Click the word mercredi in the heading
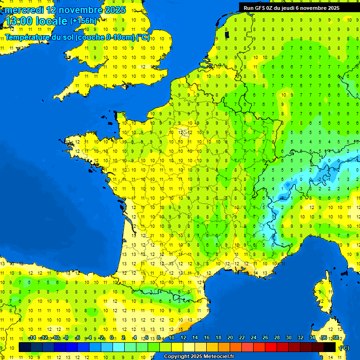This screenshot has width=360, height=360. (24, 10)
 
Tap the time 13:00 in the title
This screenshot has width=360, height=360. (19, 21)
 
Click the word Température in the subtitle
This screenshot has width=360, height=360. (28, 37)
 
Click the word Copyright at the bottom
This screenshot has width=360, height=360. (177, 357)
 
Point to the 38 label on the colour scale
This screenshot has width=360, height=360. (336, 337)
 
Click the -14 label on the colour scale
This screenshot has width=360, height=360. (32, 337)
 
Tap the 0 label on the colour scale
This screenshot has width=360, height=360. (112, 337)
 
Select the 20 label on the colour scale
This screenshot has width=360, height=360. (230, 337)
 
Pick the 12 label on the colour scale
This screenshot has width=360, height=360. (183, 337)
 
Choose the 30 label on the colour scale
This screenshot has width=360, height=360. (289, 337)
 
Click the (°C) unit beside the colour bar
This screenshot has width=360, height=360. (344, 347)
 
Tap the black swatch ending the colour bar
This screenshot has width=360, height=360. (330, 347)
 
